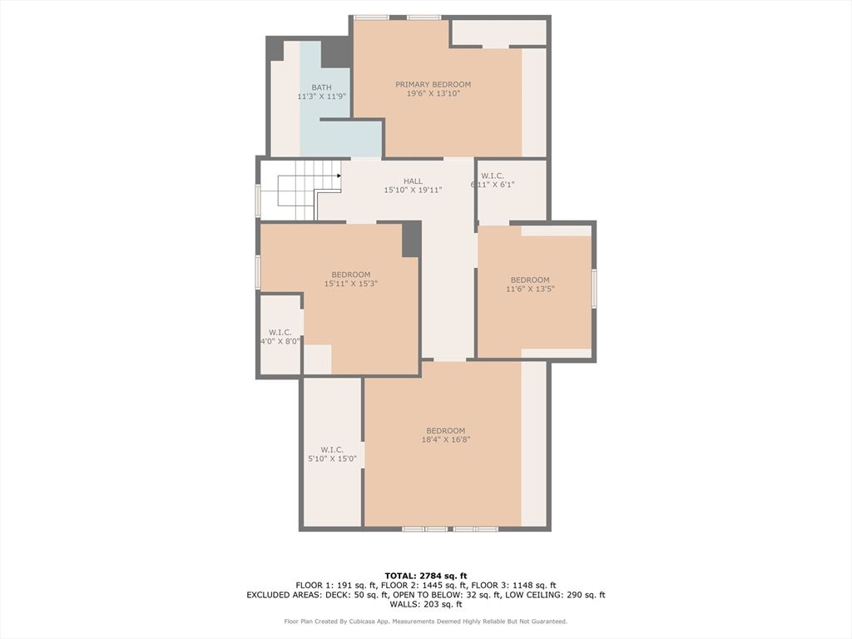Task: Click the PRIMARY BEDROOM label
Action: coord(433,84)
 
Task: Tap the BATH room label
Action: coord(322,87)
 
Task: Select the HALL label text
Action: coord(413,181)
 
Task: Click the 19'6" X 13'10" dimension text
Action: coord(433,93)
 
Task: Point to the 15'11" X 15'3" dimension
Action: coord(351,284)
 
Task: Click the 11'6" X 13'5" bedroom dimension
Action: coord(530,289)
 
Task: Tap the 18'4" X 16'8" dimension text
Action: coord(446,439)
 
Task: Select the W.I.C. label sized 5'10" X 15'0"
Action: coord(332,450)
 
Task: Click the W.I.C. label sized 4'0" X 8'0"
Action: coord(280,333)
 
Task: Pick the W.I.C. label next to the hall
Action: coord(493,176)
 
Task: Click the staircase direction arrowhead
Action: coord(339,176)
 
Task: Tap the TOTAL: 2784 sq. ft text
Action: coord(426,576)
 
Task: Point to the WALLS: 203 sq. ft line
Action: coord(426,604)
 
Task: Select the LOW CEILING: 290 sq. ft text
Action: coord(555,595)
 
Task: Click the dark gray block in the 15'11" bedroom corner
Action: coord(411,239)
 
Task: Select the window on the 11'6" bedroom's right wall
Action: coord(594,289)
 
